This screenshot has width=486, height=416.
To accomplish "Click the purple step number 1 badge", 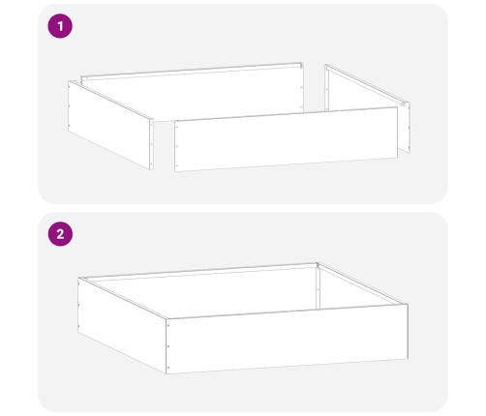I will pyautogui.click(x=60, y=27).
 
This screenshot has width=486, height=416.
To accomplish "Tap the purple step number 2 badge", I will pyautogui.click(x=60, y=235).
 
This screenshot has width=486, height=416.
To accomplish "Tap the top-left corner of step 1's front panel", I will pyautogui.click(x=176, y=123).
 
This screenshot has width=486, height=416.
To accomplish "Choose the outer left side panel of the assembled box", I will pyautogui.click(x=121, y=325).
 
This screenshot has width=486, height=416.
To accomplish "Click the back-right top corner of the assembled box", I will pyautogui.click(x=318, y=262).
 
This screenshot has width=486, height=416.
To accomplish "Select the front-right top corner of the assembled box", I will pyautogui.click(x=407, y=305).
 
